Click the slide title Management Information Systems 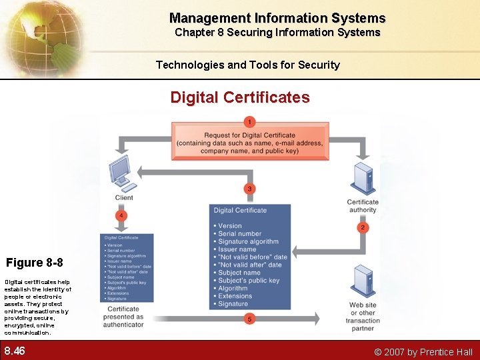pos(277,18)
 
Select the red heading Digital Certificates pos(240,97)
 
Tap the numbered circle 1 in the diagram pos(249,122)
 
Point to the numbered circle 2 pos(363,227)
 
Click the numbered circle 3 pos(249,189)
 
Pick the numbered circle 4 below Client pos(121,215)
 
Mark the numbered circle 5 pos(249,319)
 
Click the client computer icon pos(122,174)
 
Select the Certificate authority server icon pos(363,178)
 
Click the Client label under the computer pos(124,197)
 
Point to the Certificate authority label pos(363,206)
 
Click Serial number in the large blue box pos(240,234)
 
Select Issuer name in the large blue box pos(237,249)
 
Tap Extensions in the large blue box pos(235,296)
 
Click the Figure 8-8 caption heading pos(35,262)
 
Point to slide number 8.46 pos(15,351)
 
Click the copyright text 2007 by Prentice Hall pos(423,352)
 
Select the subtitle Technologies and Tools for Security pos(248,65)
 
